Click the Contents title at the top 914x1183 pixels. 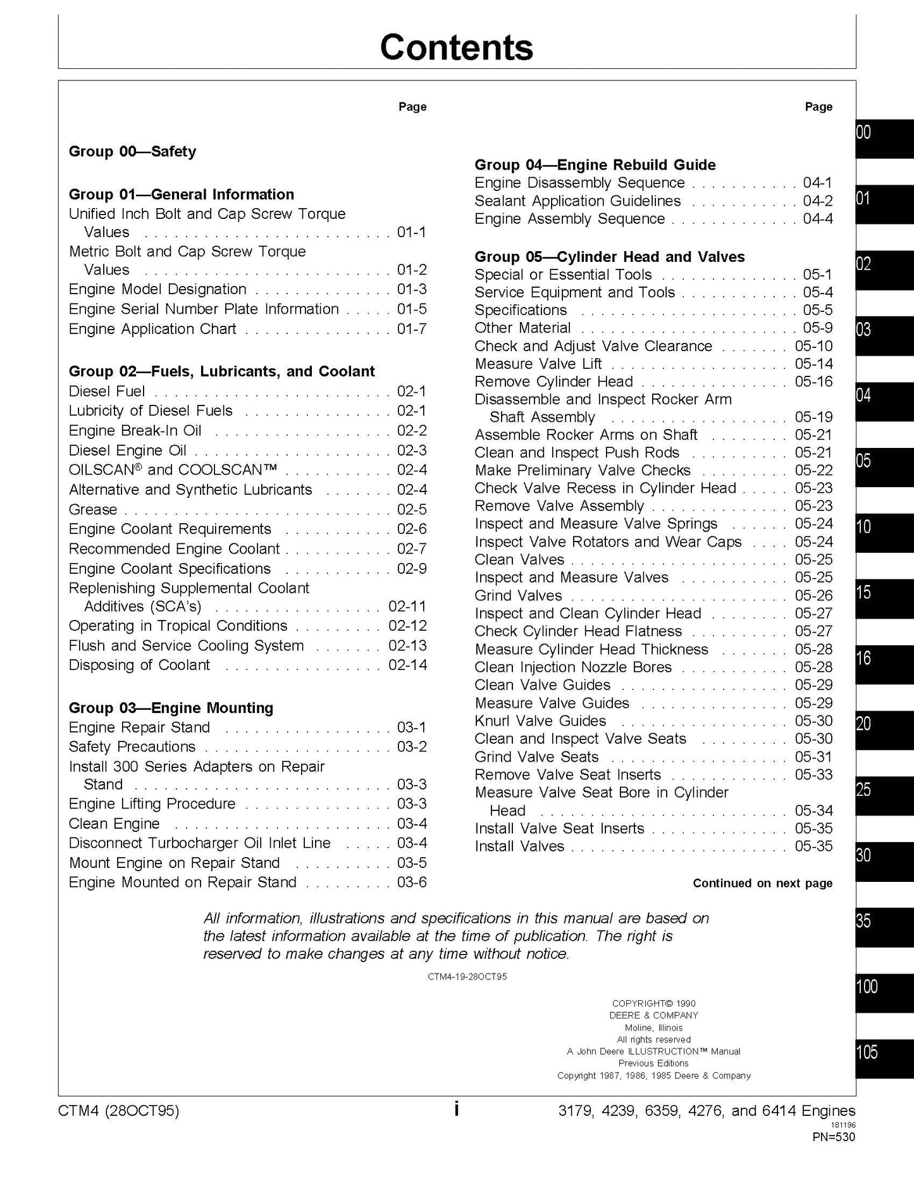[x=456, y=47]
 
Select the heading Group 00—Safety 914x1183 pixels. [x=132, y=151]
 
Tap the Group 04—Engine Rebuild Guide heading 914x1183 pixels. [x=595, y=165]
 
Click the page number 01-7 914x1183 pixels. [x=412, y=329]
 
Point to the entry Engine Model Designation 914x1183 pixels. [x=157, y=289]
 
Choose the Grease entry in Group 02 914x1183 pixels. [x=93, y=509]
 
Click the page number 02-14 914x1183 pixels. [x=407, y=665]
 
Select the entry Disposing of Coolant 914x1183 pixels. [x=139, y=665]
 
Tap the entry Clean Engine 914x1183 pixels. [x=114, y=824]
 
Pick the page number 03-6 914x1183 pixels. [x=412, y=882]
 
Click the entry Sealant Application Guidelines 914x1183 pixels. [x=577, y=201]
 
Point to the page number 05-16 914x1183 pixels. [x=813, y=381]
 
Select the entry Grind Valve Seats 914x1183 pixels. [x=536, y=757]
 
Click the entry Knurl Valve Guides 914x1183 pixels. [x=540, y=721]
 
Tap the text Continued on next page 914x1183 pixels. [x=762, y=883]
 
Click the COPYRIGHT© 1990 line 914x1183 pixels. [x=653, y=1003]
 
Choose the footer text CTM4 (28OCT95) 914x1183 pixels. [x=118, y=1111]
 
